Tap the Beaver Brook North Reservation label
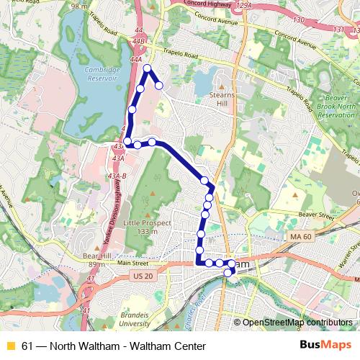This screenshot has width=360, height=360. (x=336, y=100)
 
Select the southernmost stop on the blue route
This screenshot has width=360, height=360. (x=228, y=272)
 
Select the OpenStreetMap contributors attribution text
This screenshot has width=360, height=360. (x=299, y=322)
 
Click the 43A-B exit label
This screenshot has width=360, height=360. (x=116, y=176)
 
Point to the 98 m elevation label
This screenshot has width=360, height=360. (x=79, y=6)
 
